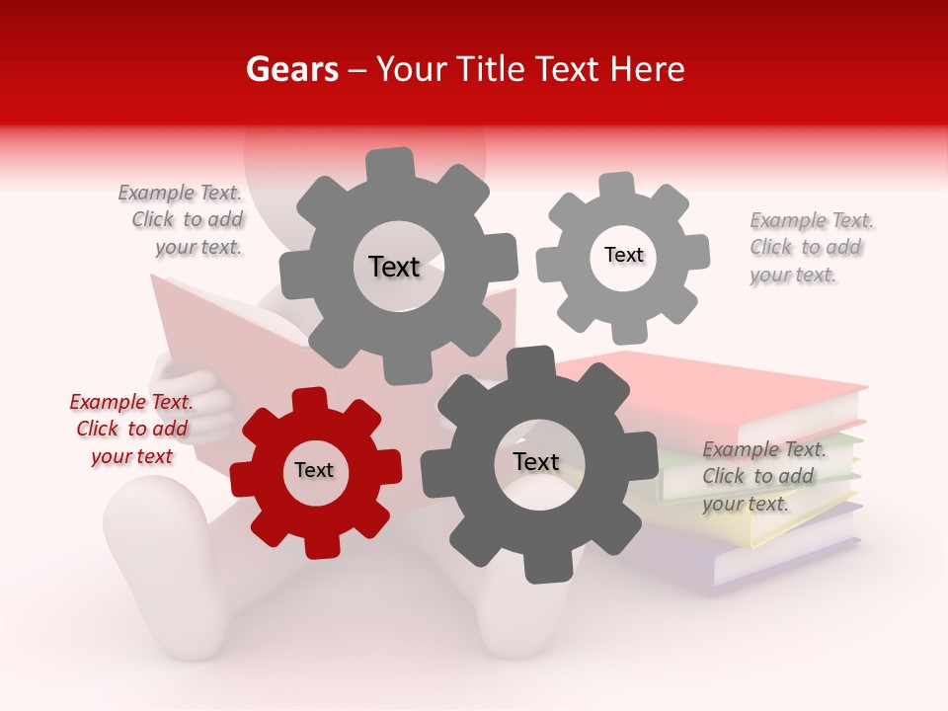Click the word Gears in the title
(291, 69)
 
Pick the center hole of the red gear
(315, 471)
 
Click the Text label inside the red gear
(314, 471)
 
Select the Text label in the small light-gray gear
(624, 255)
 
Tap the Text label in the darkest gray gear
(536, 462)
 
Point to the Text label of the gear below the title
(395, 267)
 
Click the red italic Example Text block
(131, 429)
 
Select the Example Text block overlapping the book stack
(763, 476)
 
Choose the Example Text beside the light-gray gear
(811, 247)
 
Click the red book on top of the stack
(750, 390)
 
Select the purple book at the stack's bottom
(780, 563)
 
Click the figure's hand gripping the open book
(193, 400)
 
